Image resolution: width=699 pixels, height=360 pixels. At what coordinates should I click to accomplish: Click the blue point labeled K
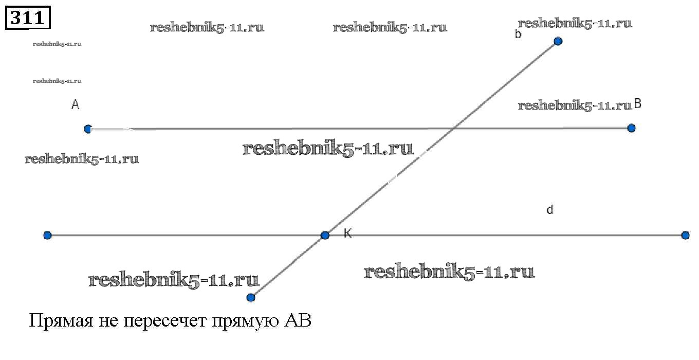[325, 235]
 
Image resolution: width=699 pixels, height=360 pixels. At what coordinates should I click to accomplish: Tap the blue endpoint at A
[88, 129]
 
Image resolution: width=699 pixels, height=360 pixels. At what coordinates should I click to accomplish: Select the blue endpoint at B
[631, 128]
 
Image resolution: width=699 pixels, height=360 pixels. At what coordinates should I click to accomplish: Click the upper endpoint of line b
[558, 41]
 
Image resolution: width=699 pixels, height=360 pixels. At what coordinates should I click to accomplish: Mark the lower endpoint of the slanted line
[251, 298]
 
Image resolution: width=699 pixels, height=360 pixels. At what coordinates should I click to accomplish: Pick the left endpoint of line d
[47, 235]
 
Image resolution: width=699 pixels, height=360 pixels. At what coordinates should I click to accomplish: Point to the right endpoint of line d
[685, 235]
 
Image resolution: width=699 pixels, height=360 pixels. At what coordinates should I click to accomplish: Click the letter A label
[75, 104]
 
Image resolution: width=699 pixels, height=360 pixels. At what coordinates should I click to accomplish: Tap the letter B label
[638, 104]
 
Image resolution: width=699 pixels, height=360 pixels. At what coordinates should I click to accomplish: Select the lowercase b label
[518, 34]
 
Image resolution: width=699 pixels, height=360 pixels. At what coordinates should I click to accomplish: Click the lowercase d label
[550, 209]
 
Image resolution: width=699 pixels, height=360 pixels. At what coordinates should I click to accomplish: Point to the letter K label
[347, 233]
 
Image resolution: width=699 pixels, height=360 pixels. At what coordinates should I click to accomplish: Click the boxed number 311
[28, 17]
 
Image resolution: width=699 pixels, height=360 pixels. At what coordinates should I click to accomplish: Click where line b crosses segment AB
[454, 128]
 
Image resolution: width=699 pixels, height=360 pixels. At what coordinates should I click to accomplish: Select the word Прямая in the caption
[61, 321]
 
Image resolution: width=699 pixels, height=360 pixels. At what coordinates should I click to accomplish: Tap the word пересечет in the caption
[165, 321]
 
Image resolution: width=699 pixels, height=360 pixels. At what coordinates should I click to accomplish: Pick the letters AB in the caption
[298, 320]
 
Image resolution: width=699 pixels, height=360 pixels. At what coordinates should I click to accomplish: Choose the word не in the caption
[108, 321]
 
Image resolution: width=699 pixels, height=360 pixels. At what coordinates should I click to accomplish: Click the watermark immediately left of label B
[575, 105]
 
